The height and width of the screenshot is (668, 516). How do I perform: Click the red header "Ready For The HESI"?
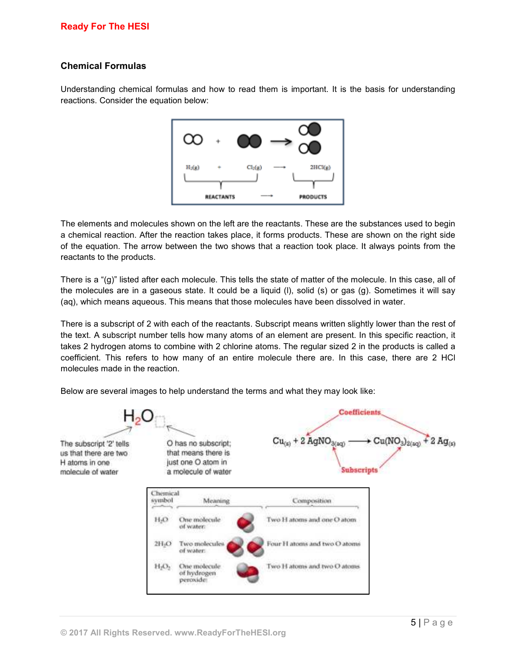point(105,26)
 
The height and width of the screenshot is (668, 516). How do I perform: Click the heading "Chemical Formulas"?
point(103,66)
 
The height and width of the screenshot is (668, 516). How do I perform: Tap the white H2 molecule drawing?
point(193,139)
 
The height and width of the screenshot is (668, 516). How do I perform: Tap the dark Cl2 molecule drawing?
point(249,141)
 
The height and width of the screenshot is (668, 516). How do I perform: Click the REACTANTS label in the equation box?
point(220,197)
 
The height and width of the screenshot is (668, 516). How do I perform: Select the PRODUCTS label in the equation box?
point(313,197)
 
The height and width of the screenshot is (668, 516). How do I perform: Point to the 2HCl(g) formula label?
point(320,167)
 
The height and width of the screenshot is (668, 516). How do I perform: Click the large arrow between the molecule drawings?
point(281,141)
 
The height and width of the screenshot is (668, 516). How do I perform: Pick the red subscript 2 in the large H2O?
point(137,420)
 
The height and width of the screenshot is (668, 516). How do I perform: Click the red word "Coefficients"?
point(359,412)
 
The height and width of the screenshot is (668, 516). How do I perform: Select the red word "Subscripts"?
point(359,470)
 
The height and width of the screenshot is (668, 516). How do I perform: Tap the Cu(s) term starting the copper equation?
point(281,442)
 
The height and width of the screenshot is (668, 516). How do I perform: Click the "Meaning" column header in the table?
point(216,501)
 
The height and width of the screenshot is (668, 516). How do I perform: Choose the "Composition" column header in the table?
point(311,501)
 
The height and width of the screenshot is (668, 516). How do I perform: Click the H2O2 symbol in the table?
point(162,566)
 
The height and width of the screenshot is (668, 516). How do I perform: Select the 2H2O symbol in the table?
point(163,544)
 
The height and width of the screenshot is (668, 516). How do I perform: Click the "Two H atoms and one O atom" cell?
point(311,520)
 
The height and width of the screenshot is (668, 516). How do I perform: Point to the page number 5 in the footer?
point(413,623)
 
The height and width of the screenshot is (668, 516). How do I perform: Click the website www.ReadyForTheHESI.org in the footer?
point(230,633)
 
